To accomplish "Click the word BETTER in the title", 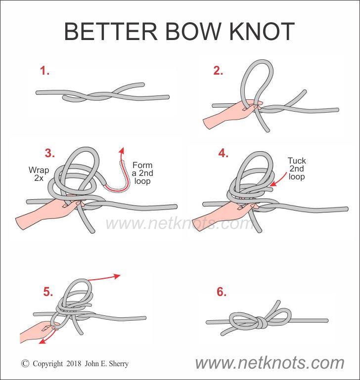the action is [111, 31].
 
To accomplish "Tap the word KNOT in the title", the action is [262, 31].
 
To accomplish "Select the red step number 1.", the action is [45, 71].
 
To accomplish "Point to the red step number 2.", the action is [218, 71].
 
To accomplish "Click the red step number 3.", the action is [50, 153].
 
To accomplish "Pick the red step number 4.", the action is [223, 153].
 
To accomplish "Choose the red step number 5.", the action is [48, 292].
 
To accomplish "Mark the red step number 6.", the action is [222, 292].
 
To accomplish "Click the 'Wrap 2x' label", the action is [39, 174].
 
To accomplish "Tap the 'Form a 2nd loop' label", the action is [142, 173].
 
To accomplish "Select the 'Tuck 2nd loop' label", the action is [297, 169].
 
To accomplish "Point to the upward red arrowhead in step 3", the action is [122, 150].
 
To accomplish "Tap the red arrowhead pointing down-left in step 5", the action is [43, 341].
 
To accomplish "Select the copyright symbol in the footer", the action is [25, 363].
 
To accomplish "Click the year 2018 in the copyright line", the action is [74, 364].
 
